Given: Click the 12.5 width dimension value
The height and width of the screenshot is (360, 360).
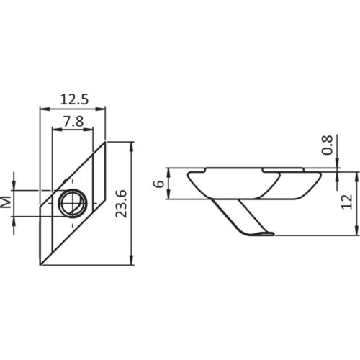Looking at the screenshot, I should (72, 99).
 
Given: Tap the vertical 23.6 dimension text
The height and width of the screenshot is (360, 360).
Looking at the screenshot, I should (122, 204).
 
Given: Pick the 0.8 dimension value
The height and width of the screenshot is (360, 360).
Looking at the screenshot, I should (328, 146).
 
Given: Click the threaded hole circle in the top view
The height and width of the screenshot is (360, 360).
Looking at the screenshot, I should (71, 204).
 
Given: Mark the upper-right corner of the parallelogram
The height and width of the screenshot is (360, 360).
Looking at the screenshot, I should (105, 142).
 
